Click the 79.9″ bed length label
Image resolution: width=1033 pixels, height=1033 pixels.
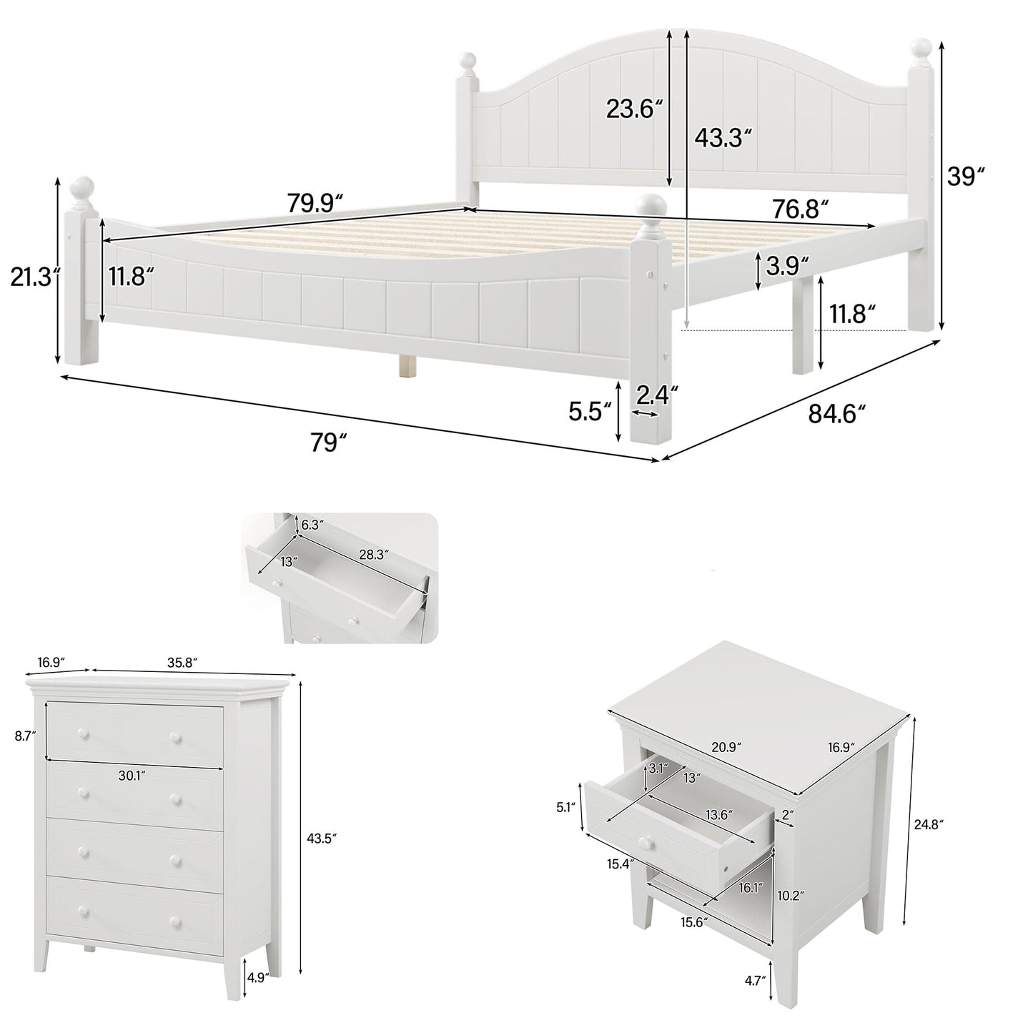click(x=315, y=204)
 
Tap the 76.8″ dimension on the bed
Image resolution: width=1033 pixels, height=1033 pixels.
click(x=800, y=209)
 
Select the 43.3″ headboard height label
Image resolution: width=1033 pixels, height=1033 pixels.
click(x=723, y=138)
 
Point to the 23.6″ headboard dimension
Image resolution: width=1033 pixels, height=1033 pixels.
click(x=634, y=109)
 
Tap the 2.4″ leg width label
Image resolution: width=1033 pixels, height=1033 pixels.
click(x=656, y=394)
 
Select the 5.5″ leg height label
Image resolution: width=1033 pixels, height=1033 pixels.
click(x=590, y=412)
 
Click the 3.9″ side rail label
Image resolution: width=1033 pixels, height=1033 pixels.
click(x=786, y=266)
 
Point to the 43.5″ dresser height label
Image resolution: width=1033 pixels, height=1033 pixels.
click(x=320, y=837)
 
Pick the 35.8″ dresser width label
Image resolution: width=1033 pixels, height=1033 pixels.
click(x=182, y=663)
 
